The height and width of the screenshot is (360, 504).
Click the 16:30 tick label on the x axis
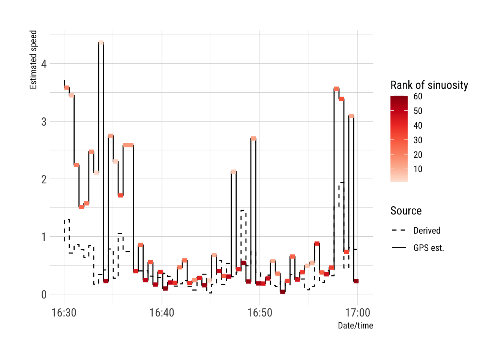[64, 313]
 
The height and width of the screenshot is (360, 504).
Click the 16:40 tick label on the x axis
[162, 313]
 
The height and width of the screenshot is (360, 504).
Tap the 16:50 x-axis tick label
[259, 313]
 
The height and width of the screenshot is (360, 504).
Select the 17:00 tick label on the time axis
[357, 313]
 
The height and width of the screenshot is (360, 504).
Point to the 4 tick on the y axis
[44, 64]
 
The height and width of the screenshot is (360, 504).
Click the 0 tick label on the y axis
[44, 295]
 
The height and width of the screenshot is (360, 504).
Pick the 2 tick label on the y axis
[44, 180]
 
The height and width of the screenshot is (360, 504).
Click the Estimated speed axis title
[33, 60]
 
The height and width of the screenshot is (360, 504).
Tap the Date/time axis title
[355, 325]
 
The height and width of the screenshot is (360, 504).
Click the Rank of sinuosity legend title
[429, 85]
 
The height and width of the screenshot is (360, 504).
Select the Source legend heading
[406, 211]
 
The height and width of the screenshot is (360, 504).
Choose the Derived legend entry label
[427, 231]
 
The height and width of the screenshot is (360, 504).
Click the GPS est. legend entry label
[429, 248]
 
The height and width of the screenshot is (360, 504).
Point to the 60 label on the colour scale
[418, 96]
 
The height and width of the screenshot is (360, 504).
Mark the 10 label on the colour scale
[418, 169]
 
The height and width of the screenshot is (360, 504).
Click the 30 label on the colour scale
[418, 140]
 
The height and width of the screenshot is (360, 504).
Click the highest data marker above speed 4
[101, 43]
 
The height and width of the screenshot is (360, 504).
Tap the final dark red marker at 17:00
[356, 281]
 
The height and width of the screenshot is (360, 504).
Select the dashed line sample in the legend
[399, 230]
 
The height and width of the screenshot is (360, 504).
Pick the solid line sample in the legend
[399, 247]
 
